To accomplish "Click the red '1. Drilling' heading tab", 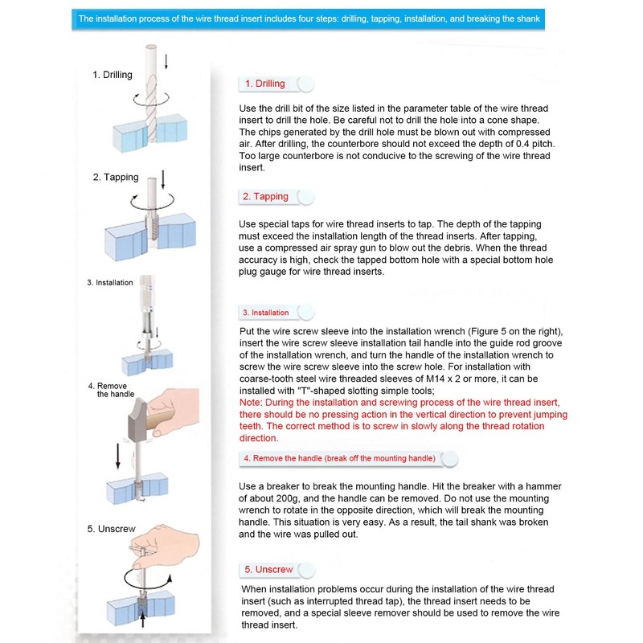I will [x=265, y=84].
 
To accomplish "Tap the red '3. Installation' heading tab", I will [x=265, y=312].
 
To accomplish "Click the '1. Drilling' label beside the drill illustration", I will [x=112, y=75].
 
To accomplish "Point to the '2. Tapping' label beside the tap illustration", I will [x=116, y=177].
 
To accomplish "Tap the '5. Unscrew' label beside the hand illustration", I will [x=113, y=528].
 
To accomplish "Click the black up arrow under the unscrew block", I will [x=143, y=620].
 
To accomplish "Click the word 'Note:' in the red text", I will [x=252, y=402].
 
